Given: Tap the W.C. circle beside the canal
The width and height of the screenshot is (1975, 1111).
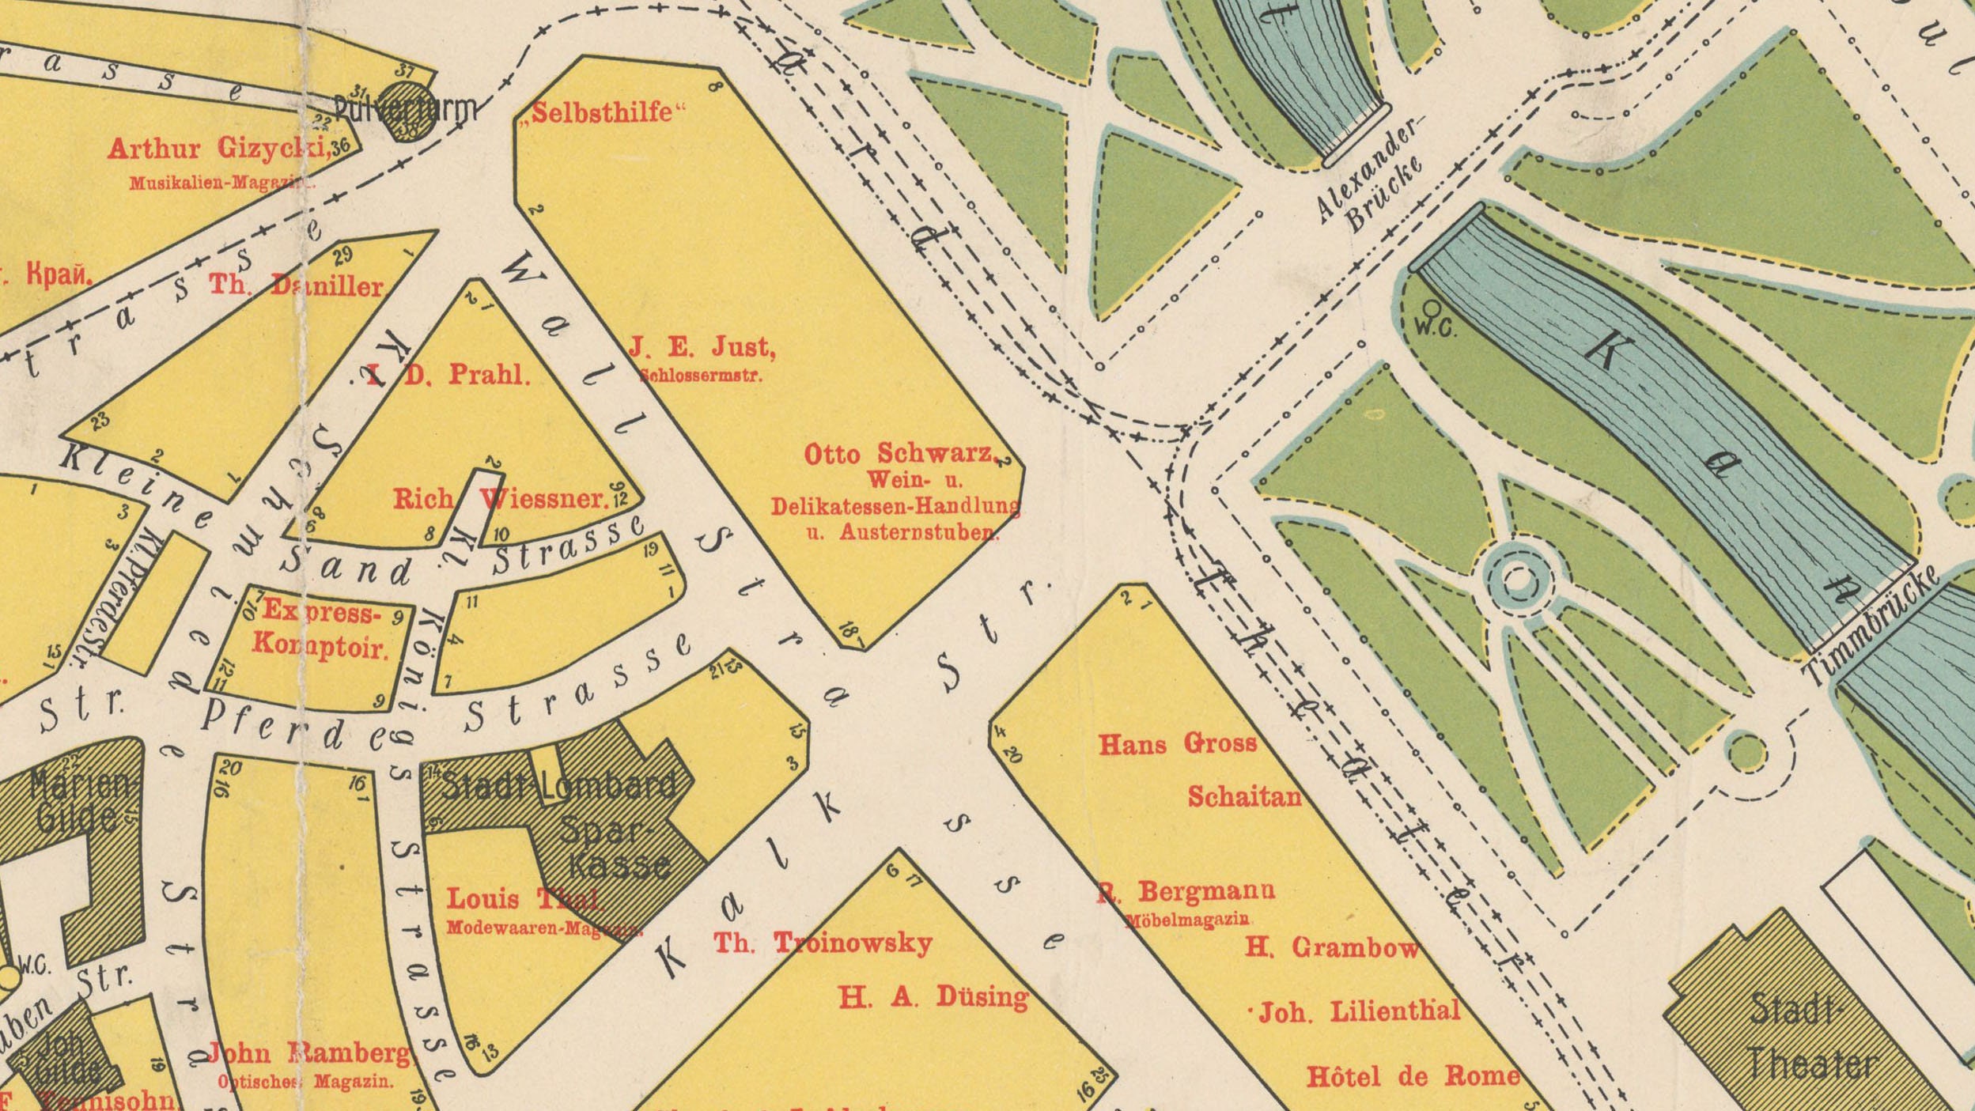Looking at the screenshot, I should point(1432,308).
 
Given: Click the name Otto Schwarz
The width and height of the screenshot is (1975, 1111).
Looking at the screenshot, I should point(900,454).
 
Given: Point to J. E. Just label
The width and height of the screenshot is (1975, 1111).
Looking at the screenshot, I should point(702,347).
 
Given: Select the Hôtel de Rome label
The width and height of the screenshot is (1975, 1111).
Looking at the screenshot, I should point(1413,1076).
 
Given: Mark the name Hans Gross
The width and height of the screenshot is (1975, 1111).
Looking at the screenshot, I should point(1177,743).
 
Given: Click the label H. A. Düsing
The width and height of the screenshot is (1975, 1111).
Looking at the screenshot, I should point(933,997).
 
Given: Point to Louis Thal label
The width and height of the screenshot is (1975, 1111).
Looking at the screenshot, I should point(522,898).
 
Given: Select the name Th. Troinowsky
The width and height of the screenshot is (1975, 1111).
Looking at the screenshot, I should point(823,943).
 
